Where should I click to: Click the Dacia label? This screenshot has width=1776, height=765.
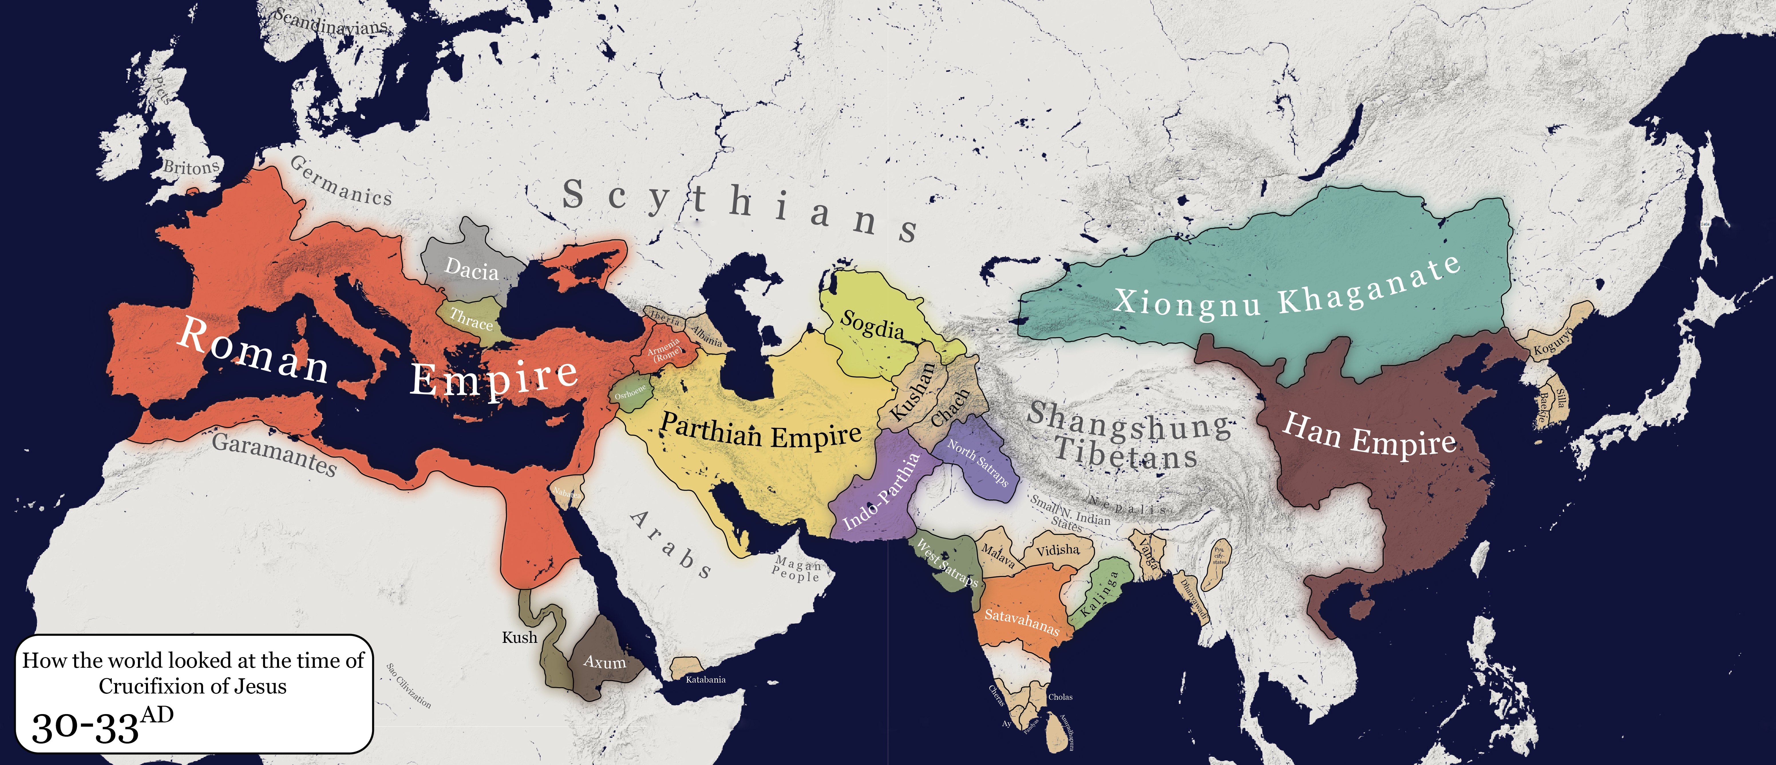click(472, 269)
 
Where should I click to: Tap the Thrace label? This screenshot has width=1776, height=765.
click(472, 319)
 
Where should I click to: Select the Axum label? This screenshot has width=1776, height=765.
click(605, 662)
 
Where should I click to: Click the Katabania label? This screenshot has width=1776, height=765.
click(705, 679)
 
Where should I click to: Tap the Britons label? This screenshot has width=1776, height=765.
click(191, 167)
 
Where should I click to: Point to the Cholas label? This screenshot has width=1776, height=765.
click(1060, 697)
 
